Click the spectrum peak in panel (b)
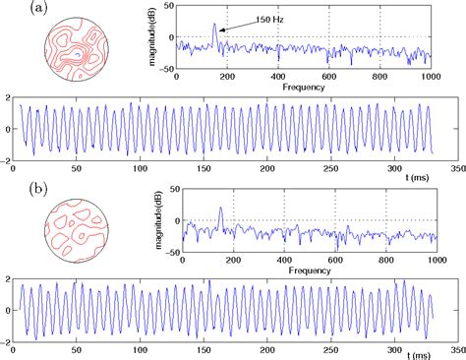click(x=220, y=208)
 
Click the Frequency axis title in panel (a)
click(x=302, y=87)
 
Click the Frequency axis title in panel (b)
click(x=302, y=270)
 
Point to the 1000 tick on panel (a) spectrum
click(x=429, y=77)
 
